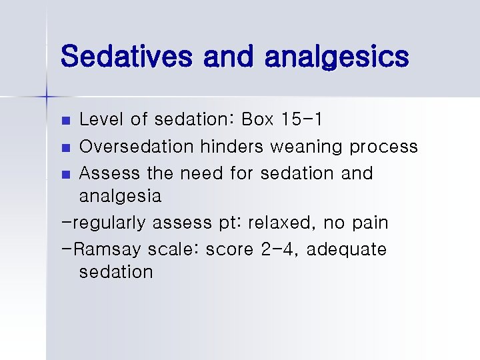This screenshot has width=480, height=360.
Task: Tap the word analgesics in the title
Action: (336, 57)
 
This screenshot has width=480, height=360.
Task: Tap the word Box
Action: (257, 120)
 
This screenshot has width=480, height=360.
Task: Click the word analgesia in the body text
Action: (120, 197)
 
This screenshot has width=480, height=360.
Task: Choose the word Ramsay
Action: (110, 250)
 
